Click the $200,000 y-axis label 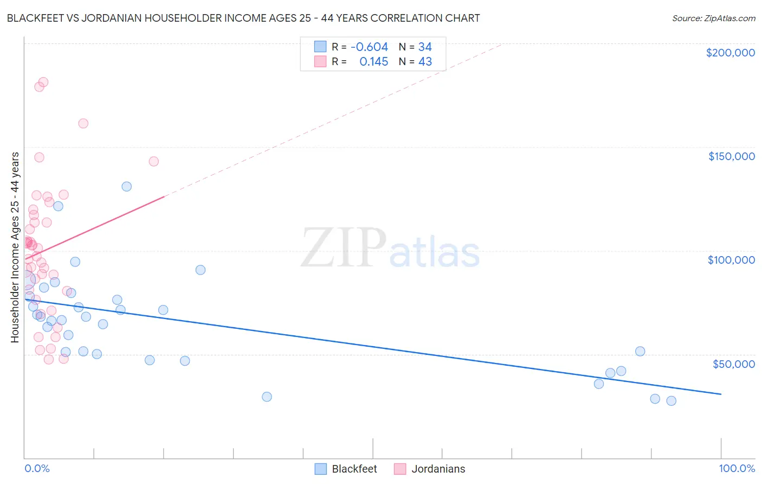pos(730,53)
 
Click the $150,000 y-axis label pos(731,156)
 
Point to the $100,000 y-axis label pos(731,260)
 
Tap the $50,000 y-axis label pos(733,364)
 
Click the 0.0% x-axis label pos(37,468)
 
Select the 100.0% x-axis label pos(737,468)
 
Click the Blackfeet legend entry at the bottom pos(354,469)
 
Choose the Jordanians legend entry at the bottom pos(438,469)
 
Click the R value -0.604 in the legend pos(369,47)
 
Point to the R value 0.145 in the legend pos(373,62)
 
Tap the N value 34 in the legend pos(425,47)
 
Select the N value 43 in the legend pos(425,62)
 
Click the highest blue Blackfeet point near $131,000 pos(126,187)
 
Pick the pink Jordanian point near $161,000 pos(83,123)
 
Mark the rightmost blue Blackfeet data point pos(671,401)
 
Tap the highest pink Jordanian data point pos(43,82)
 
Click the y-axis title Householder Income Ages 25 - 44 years pos(15,247)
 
